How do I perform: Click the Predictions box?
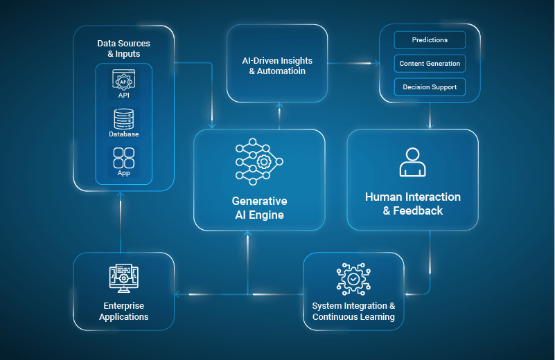pyautogui.click(x=430, y=40)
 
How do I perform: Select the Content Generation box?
pyautogui.click(x=430, y=64)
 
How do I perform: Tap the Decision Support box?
pyautogui.click(x=430, y=87)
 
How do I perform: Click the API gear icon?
pyautogui.click(x=123, y=80)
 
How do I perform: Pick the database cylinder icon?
pyautogui.click(x=123, y=119)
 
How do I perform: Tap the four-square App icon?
pyautogui.click(x=123, y=158)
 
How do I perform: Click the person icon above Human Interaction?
pyautogui.click(x=413, y=162)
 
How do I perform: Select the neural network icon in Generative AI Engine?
pyautogui.click(x=259, y=161)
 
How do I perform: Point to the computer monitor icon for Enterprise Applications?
pyautogui.click(x=123, y=278)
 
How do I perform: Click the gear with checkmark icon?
pyautogui.click(x=353, y=279)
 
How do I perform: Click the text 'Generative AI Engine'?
pyautogui.click(x=259, y=208)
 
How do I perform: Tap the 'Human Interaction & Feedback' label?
pyautogui.click(x=413, y=204)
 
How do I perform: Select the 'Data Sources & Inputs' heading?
pyautogui.click(x=124, y=48)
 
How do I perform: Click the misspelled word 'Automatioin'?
pyautogui.click(x=281, y=71)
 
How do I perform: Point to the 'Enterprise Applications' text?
pyautogui.click(x=124, y=312)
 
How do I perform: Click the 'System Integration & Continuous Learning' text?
pyautogui.click(x=353, y=312)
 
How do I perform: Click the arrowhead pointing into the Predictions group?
pyautogui.click(x=378, y=64)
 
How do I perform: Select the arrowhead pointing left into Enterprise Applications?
pyautogui.click(x=177, y=294)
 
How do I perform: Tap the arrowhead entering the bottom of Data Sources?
pyautogui.click(x=121, y=194)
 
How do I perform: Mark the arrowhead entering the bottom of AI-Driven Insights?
pyautogui.click(x=279, y=105)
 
